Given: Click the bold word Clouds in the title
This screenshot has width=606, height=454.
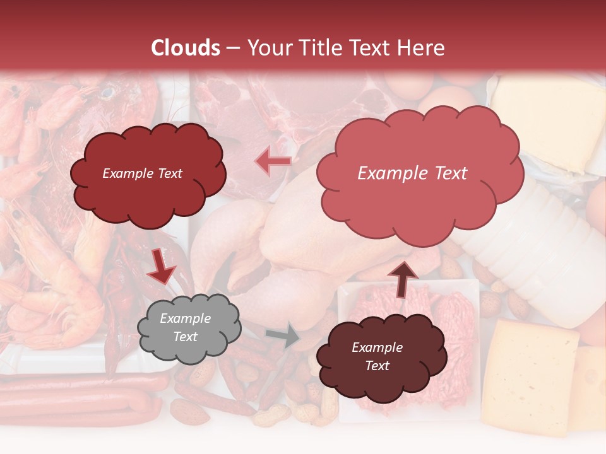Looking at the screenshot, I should pyautogui.click(x=186, y=48).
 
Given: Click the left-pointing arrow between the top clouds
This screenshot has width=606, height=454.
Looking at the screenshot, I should pyautogui.click(x=273, y=162).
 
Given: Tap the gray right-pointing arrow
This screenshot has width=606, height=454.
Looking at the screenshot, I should pyautogui.click(x=283, y=336).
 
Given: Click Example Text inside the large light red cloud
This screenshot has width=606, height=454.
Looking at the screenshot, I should pyautogui.click(x=412, y=173).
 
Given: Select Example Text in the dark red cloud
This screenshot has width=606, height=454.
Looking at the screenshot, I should pyautogui.click(x=142, y=173).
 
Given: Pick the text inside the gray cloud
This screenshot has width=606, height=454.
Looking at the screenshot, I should pyautogui.click(x=185, y=328).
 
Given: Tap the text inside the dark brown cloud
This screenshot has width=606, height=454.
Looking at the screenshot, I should pyautogui.click(x=377, y=357).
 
